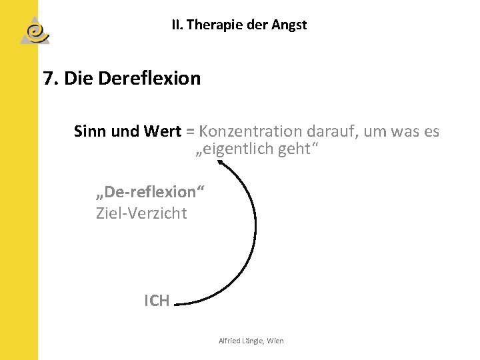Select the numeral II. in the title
(177, 25)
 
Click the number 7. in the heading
(51, 79)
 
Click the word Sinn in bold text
(90, 131)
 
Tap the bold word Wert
(162, 131)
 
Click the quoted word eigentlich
(234, 149)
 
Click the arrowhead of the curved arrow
(223, 163)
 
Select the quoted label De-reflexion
(151, 192)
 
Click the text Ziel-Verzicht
(141, 213)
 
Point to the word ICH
(157, 301)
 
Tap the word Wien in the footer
(275, 341)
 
